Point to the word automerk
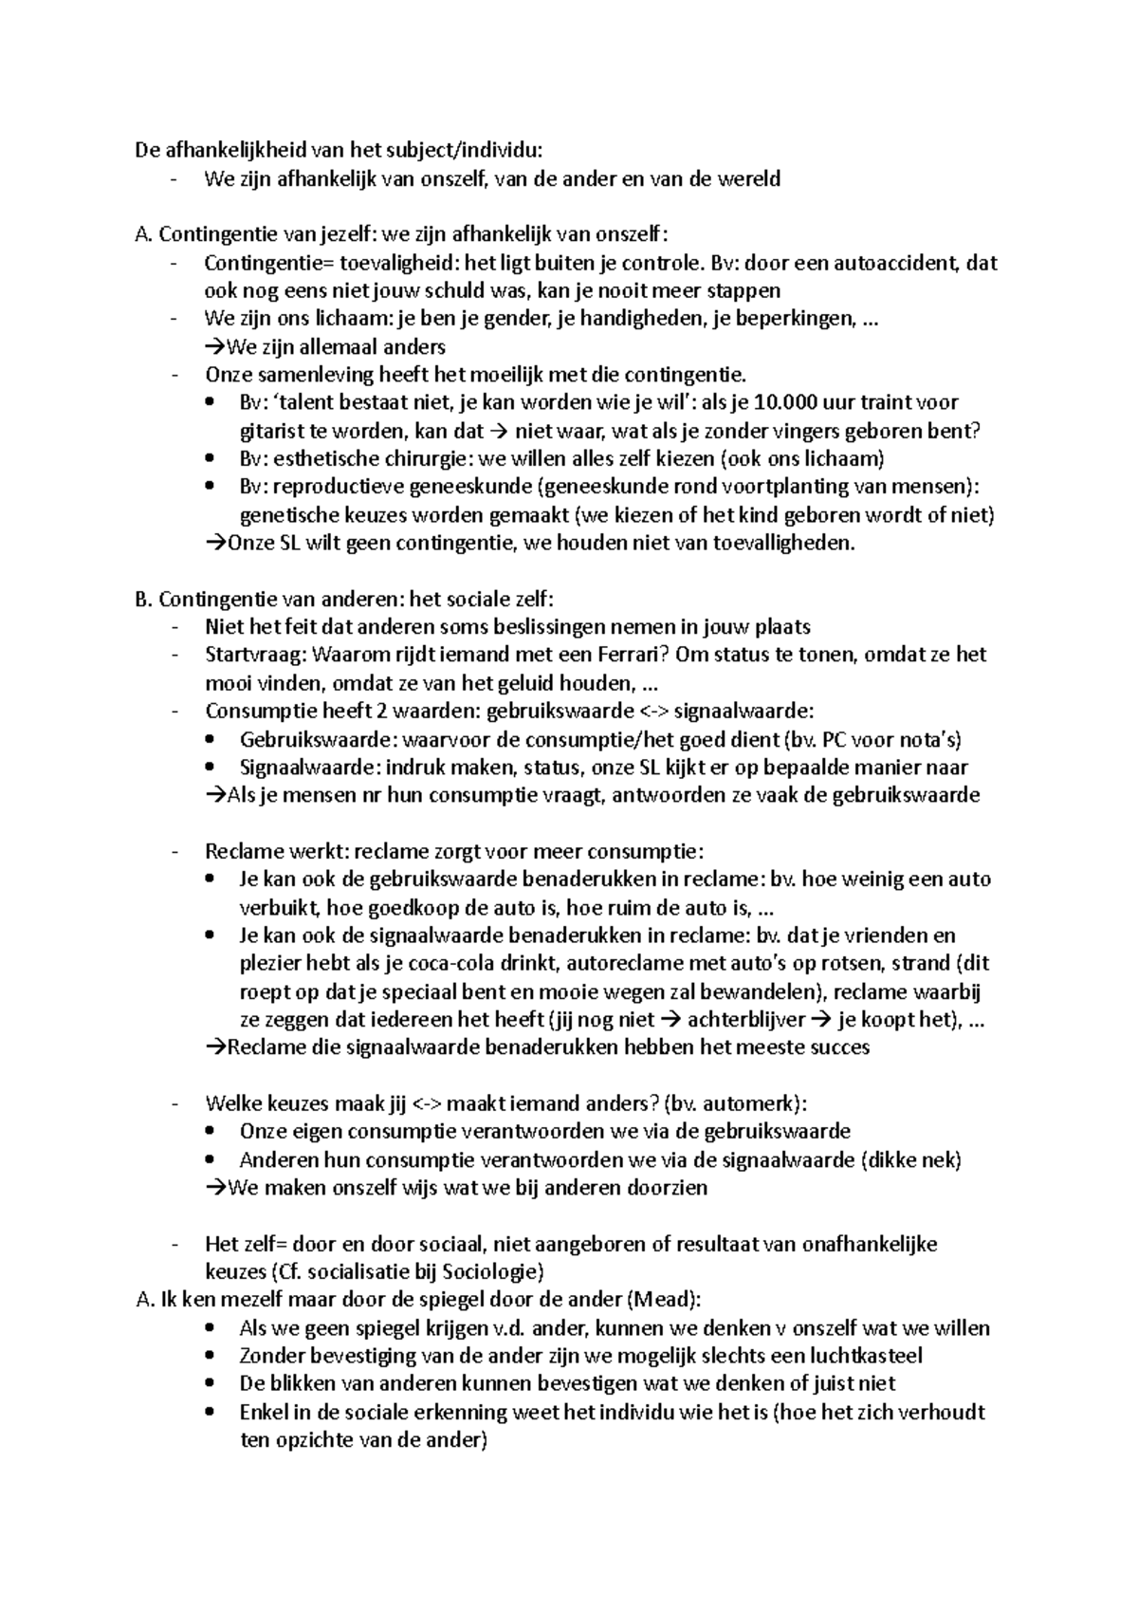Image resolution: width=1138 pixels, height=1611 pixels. click(751, 1103)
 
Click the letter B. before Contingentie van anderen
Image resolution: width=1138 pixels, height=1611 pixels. click(144, 600)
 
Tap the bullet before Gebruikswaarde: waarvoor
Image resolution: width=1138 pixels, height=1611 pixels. click(211, 740)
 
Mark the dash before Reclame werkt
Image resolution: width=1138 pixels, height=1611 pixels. click(174, 852)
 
